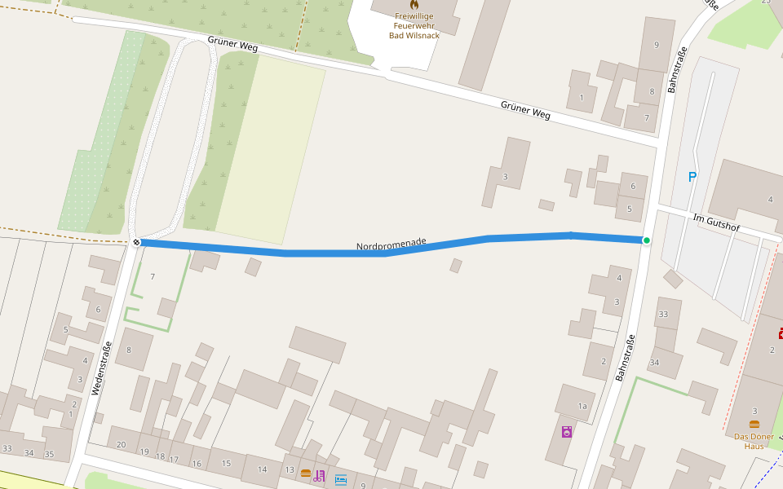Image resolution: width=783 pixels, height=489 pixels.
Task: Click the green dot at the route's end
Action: pos(647,240)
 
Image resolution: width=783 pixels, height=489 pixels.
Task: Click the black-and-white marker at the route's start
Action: pos(136,242)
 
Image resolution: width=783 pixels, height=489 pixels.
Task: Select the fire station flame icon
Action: pos(414,4)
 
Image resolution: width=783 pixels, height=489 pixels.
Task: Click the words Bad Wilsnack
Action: pos(414,35)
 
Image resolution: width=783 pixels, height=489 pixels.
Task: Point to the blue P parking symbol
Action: pos(692,177)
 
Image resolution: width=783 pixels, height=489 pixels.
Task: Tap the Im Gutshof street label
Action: pos(716,222)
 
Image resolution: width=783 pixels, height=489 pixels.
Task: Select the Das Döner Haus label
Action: pos(754,441)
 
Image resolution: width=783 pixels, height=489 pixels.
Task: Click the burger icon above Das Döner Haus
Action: pos(754,424)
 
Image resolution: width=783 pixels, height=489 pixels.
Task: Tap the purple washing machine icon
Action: pos(567,431)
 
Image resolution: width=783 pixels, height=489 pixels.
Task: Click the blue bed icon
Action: pos(341,479)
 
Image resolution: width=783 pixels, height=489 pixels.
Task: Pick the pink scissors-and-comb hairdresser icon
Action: pos(319,476)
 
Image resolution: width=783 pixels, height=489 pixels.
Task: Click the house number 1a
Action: pos(582,406)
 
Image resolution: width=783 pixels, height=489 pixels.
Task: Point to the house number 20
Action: pos(122,444)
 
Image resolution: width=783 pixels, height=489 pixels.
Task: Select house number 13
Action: pos(290,469)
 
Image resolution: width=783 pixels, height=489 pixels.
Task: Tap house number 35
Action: pos(49,454)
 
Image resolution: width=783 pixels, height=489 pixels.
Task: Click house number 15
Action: pos(226,463)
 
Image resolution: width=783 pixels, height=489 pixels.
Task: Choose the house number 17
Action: pos(174,459)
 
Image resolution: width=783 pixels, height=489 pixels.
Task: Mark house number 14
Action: pos(262,469)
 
